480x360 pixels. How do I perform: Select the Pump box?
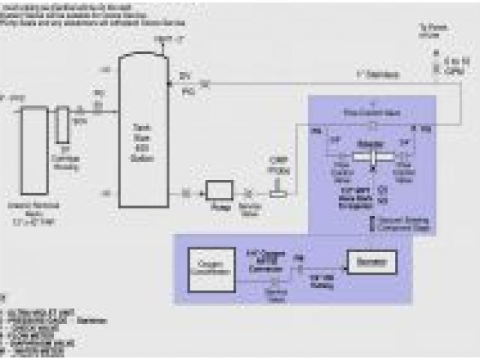coord(220,191)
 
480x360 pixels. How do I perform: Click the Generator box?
coord(370,262)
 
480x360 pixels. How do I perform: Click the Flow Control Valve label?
coord(372,112)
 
